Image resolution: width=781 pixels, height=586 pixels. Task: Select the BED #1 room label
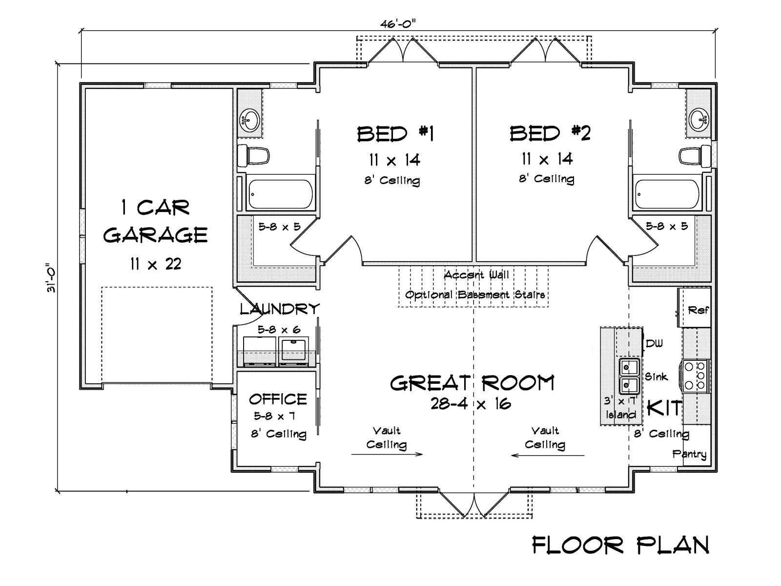pos(395,134)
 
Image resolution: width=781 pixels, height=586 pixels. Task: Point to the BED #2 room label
pos(550,133)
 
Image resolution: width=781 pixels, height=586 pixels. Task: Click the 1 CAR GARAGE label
pos(155,221)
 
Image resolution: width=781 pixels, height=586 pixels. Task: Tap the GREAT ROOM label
pos(472,383)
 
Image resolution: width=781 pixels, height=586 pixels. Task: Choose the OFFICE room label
pos(278,399)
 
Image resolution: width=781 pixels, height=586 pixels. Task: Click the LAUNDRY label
pos(280,309)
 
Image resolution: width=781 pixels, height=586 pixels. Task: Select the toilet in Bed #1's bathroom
pos(253,155)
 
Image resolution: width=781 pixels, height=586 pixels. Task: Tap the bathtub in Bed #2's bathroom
pos(667,194)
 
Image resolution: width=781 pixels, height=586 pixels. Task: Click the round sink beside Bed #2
pos(699,120)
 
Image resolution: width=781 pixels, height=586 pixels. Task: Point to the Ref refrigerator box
pos(694,308)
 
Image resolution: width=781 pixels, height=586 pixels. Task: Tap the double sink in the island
pos(629,377)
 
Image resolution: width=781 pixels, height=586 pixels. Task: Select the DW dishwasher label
pos(655,344)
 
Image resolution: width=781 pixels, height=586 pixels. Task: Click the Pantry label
pos(689,454)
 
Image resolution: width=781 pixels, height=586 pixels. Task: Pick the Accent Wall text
pos(476,275)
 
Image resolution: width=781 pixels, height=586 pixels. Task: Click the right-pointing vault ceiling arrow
pos(387,454)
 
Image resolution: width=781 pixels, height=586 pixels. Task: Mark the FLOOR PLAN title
pos(621,545)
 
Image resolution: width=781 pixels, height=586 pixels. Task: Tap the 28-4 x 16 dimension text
pos(471,404)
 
